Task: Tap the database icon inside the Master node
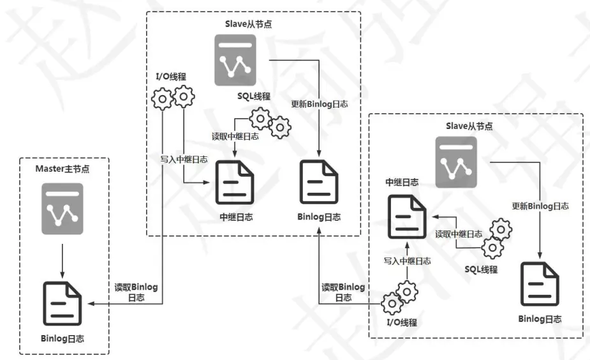pyautogui.click(x=63, y=208)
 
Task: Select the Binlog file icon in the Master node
pyautogui.click(x=63, y=303)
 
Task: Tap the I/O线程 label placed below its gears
pyautogui.click(x=402, y=322)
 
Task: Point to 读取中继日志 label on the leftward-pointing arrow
pyautogui.click(x=459, y=234)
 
